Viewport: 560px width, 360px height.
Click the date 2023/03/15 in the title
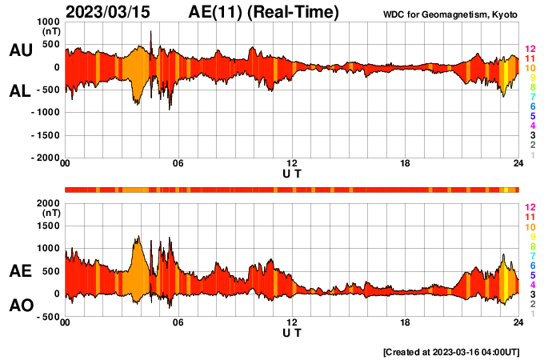[112, 12]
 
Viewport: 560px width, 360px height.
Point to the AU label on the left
[21, 50]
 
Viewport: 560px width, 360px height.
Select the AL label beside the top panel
[21, 91]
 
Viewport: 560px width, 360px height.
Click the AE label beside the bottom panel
[21, 271]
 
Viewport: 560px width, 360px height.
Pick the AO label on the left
[21, 306]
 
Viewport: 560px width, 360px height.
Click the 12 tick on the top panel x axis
[292, 164]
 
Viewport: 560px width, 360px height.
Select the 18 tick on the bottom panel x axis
[406, 323]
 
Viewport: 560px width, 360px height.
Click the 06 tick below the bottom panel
[178, 323]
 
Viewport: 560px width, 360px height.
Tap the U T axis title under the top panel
[292, 174]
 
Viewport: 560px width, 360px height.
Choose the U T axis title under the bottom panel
[292, 333]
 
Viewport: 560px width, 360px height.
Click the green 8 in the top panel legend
[532, 87]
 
